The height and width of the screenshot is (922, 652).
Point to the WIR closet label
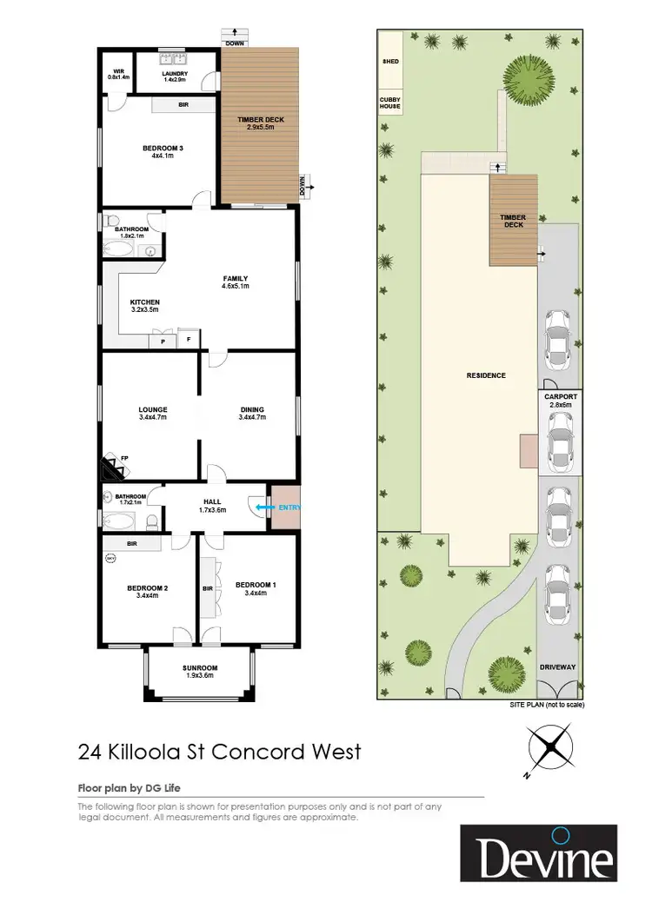tap(117, 74)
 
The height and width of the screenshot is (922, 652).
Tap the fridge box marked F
tap(189, 341)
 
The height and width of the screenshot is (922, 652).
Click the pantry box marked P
tap(163, 341)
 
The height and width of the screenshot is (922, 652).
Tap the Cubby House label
tap(389, 103)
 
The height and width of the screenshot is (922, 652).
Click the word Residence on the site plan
tap(485, 375)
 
